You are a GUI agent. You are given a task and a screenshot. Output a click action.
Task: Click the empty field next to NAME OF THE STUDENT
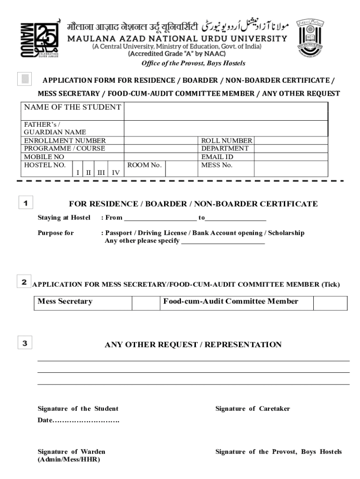click(225, 111)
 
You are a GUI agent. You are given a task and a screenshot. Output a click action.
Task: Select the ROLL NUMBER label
click(226, 141)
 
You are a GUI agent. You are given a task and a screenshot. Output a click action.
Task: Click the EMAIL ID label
click(217, 157)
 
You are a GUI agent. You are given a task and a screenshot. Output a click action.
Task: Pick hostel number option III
click(101, 173)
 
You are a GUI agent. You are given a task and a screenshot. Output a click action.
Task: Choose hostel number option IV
click(115, 173)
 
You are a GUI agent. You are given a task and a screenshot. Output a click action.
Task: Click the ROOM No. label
click(144, 165)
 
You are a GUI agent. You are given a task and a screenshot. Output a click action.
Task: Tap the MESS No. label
click(216, 165)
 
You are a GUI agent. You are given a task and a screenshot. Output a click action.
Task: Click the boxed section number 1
click(25, 203)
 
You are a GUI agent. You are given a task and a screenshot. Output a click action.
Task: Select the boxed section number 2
click(23, 282)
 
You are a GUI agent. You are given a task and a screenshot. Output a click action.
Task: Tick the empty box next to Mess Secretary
click(145, 303)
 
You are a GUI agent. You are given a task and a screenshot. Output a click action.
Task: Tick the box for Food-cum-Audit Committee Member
click(330, 303)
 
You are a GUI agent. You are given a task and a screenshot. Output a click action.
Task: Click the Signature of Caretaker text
click(252, 409)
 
